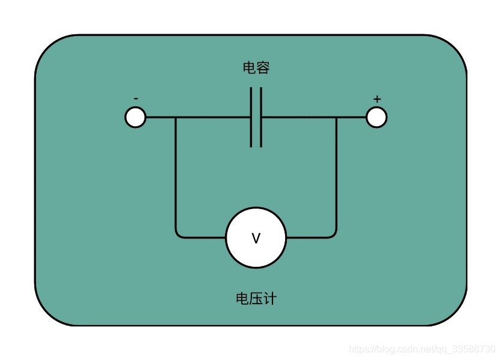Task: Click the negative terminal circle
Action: pos(135,117)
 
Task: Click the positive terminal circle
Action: pos(377,117)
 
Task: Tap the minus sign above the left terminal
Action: pos(136,99)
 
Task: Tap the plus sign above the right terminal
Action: pos(377,99)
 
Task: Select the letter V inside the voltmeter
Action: pos(256,239)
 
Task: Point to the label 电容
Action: pos(256,68)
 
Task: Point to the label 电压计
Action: pos(256,298)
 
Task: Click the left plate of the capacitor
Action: pos(251,117)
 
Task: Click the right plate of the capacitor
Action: pos(261,117)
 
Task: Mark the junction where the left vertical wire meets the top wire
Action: pos(176,117)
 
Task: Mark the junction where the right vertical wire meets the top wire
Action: pos(336,117)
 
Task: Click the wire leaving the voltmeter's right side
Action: pos(310,237)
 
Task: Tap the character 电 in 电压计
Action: pos(242,298)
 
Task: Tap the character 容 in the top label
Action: pos(263,68)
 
